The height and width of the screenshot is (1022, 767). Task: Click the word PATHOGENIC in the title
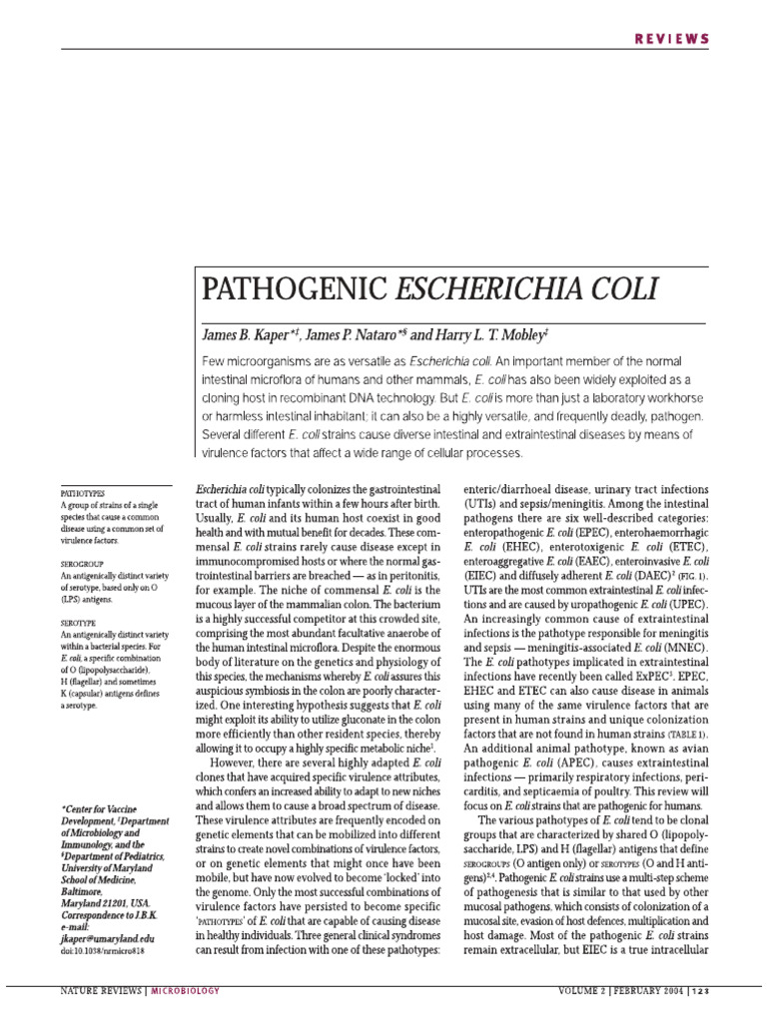tap(291, 289)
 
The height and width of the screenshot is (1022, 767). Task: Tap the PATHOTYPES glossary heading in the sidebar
tap(83, 493)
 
